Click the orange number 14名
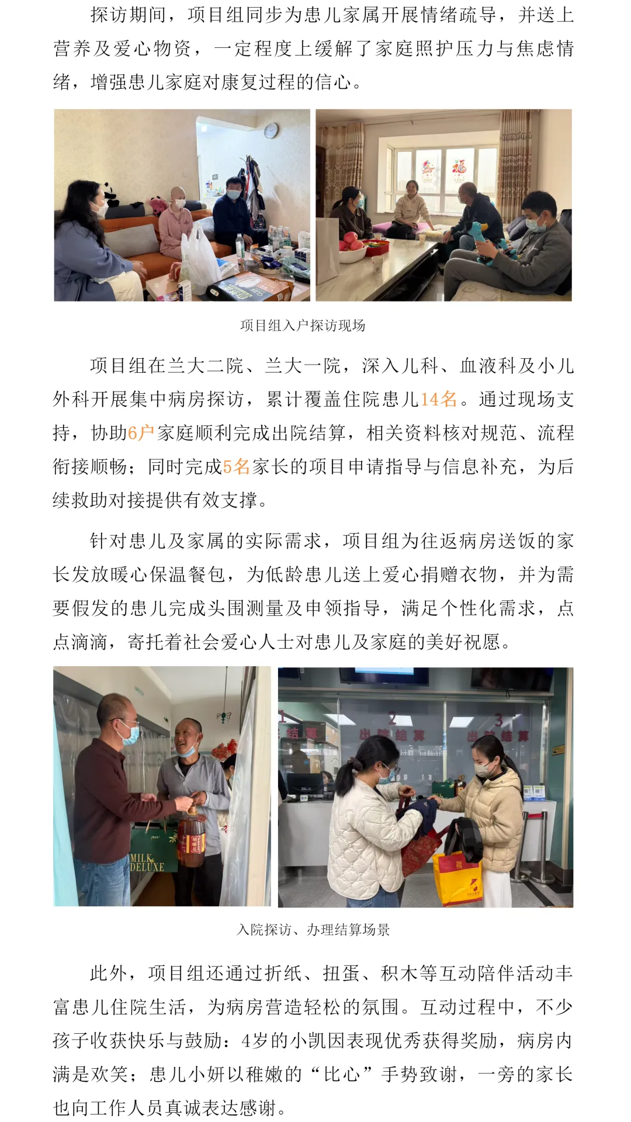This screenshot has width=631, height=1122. [x=439, y=399]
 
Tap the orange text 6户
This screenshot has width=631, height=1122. [x=141, y=433]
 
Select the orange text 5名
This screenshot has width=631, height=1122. [x=236, y=467]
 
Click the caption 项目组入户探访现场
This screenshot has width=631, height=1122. [x=303, y=325]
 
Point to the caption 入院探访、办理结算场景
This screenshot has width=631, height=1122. [x=313, y=930]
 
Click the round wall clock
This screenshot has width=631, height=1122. [x=271, y=130]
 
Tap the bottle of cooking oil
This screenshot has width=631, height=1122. [x=191, y=837]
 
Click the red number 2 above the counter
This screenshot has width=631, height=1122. [x=393, y=718]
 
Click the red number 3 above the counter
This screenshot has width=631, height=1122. [x=498, y=719]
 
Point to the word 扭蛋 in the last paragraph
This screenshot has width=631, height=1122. [x=342, y=973]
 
